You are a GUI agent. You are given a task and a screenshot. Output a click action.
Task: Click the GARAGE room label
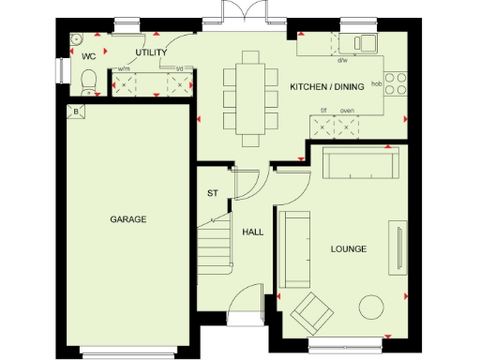pos(127,219)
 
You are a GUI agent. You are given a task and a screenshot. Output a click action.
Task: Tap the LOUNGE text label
pos(348,248)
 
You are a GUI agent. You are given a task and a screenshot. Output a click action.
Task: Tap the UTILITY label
pos(151,53)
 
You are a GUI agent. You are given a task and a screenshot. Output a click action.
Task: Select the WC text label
pos(89,56)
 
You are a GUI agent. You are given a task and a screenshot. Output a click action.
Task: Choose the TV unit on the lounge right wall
pos(398,249)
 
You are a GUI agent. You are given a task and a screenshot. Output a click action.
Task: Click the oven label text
pos(346,110)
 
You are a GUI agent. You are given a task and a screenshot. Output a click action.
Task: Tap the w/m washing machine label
pos(124,69)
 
